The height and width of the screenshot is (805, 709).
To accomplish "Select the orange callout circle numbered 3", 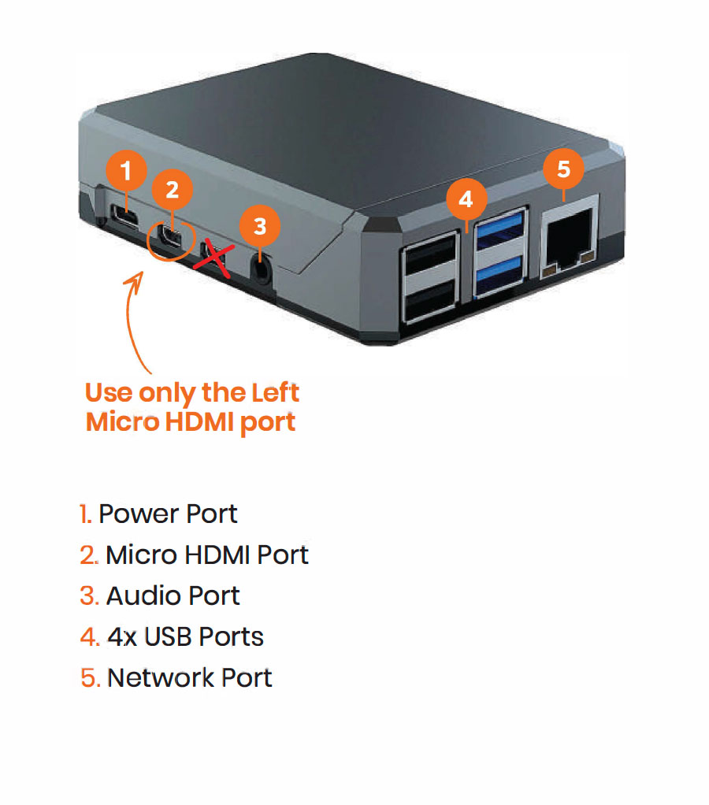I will click(260, 226).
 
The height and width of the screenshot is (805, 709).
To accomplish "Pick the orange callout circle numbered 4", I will click(466, 199).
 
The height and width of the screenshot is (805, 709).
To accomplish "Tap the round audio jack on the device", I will click(260, 269).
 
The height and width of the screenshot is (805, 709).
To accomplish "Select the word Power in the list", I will click(139, 514).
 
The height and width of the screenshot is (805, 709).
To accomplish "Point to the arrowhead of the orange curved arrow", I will click(141, 275).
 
